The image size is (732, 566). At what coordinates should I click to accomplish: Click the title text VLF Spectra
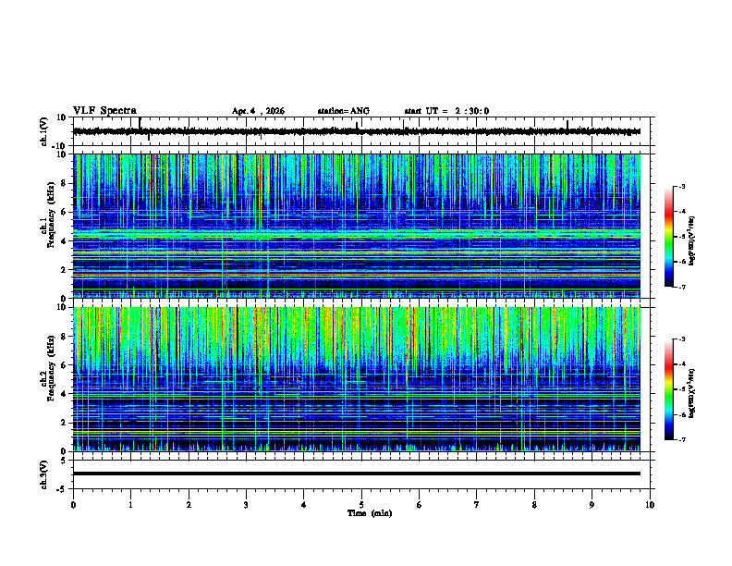(104, 110)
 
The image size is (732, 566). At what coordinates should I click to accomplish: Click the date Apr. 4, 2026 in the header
(258, 111)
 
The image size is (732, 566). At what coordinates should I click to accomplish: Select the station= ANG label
(343, 111)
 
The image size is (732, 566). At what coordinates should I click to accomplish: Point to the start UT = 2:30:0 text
(446, 111)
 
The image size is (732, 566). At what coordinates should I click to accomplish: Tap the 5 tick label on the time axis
(361, 504)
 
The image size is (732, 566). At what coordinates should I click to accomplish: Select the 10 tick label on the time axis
(650, 504)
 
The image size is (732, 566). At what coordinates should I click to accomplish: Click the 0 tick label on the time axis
(73, 504)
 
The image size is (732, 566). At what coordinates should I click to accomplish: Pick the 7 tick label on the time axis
(477, 504)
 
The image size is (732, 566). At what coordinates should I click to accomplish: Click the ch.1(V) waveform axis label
(44, 131)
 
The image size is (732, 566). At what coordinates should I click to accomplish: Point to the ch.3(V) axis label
(44, 473)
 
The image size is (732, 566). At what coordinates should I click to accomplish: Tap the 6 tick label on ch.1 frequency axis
(63, 212)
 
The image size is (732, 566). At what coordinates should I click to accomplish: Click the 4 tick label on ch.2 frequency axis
(63, 394)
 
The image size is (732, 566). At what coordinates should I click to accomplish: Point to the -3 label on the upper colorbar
(681, 187)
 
